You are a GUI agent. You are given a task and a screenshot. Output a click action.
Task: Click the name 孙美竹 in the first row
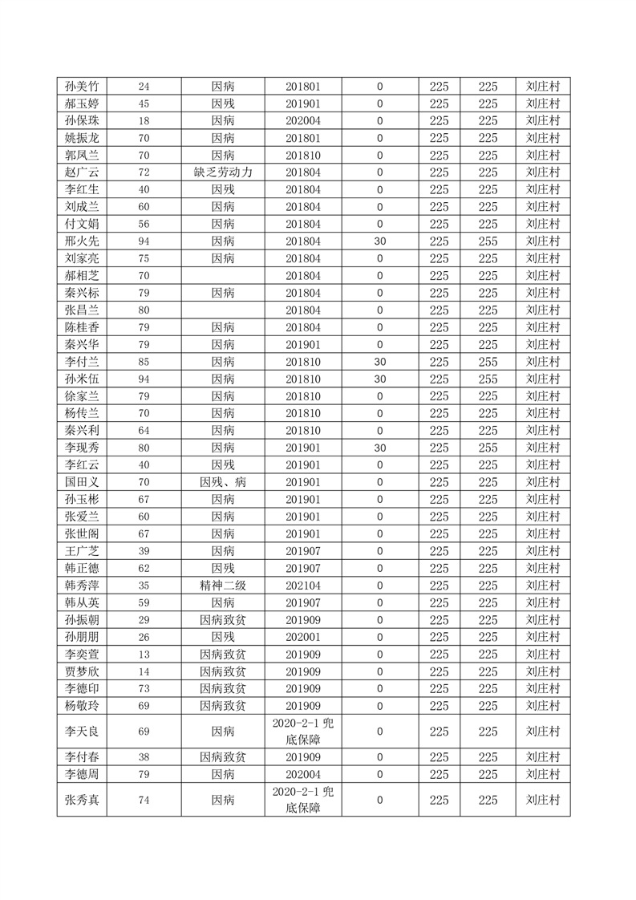81,87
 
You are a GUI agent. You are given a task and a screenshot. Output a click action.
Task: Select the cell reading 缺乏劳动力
223,172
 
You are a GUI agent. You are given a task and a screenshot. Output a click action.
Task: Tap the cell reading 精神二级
223,586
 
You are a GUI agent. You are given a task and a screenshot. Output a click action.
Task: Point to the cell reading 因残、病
223,482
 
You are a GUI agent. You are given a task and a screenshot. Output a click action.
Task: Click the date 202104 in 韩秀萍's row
303,586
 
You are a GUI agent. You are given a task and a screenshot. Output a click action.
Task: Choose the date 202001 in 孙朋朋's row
303,637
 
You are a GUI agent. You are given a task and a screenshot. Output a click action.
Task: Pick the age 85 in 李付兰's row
144,362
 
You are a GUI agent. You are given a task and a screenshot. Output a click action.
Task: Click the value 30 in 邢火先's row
379,241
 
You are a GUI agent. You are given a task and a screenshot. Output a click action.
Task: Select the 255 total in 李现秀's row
488,448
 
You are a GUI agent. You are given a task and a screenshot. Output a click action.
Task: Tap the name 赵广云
81,172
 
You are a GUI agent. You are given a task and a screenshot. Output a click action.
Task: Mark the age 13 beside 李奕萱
144,655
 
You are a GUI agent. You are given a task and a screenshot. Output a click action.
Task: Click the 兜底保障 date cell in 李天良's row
303,732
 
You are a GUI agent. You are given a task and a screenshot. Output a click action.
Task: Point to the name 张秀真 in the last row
81,800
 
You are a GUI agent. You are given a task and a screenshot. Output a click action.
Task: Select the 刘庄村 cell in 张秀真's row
543,800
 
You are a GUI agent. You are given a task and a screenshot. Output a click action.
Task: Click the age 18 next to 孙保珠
144,121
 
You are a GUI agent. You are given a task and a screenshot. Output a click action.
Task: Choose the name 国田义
81,482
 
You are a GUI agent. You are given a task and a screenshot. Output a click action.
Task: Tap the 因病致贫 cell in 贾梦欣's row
223,671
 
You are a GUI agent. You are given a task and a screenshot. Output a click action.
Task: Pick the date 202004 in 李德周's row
303,774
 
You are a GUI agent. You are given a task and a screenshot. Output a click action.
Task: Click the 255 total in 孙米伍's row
488,379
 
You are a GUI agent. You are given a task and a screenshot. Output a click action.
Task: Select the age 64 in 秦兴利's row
144,431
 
